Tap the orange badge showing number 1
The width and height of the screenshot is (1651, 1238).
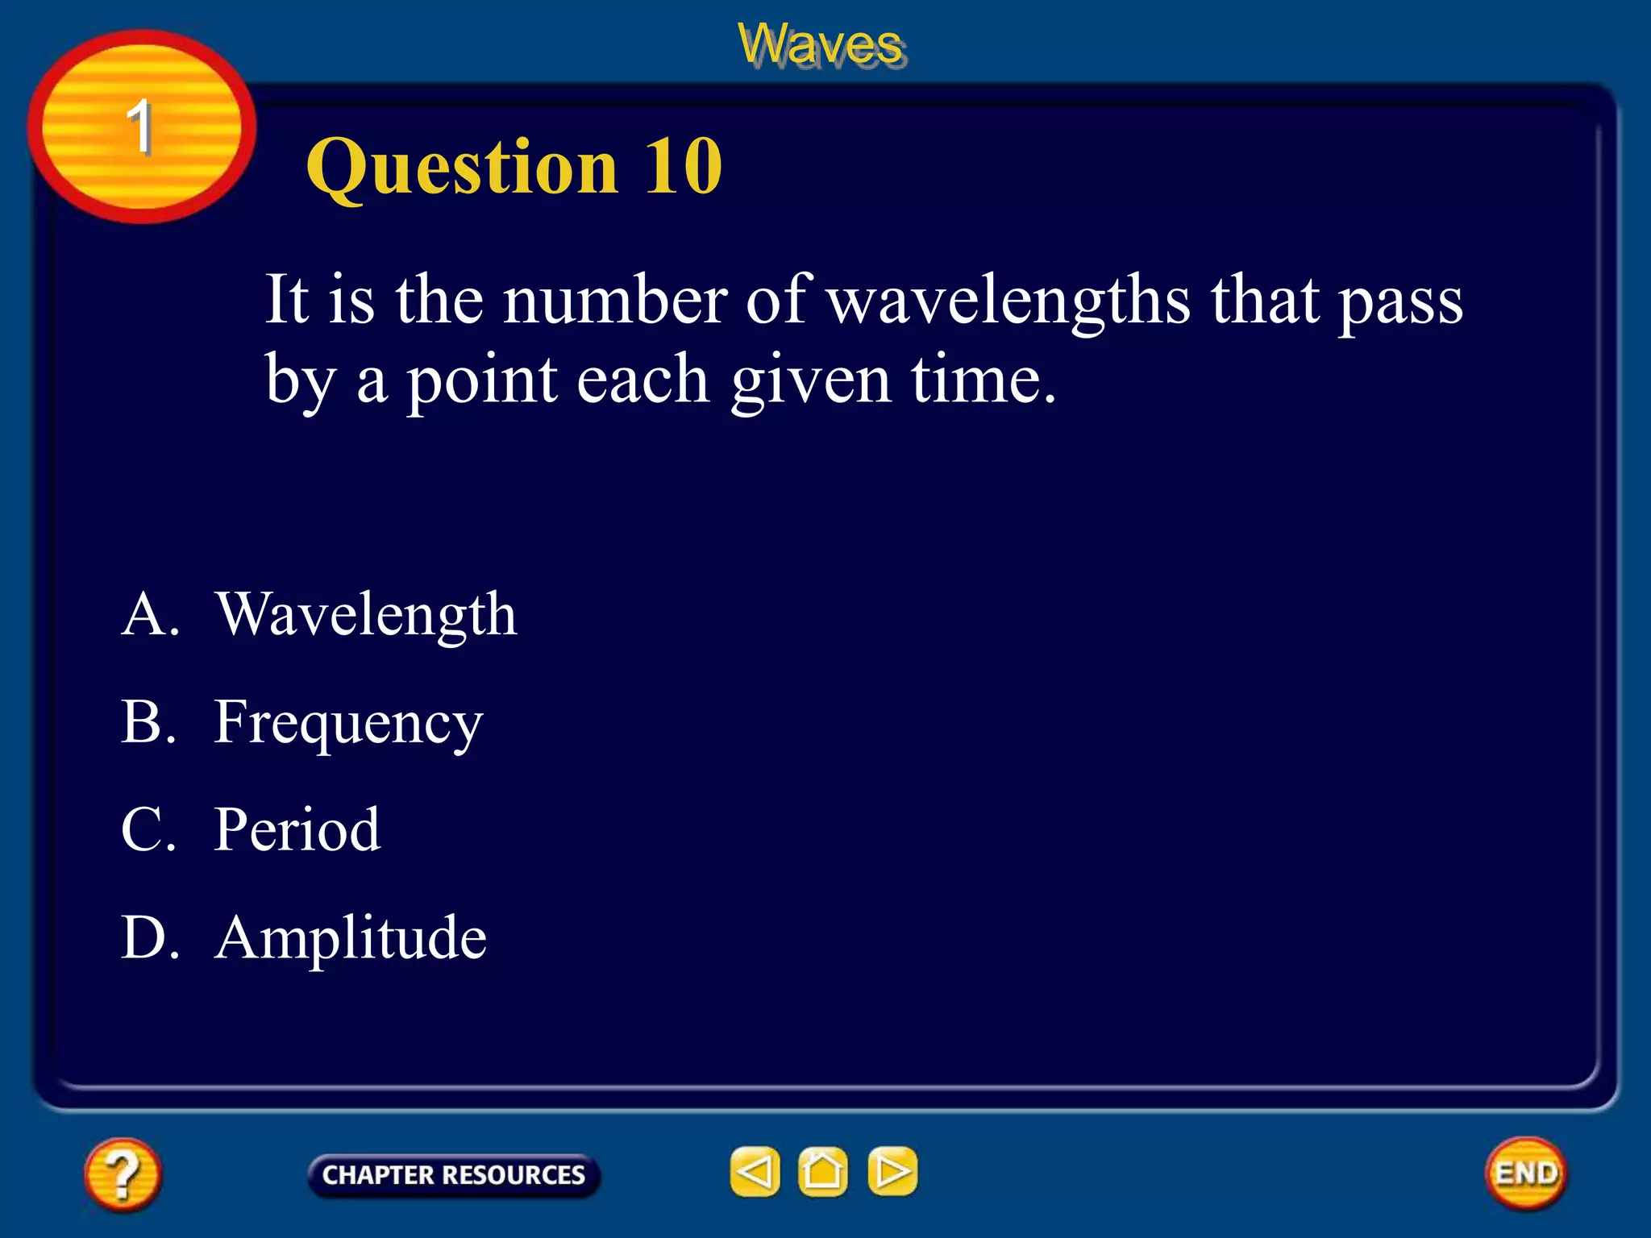click(x=141, y=127)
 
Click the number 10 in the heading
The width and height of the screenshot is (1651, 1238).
click(x=682, y=166)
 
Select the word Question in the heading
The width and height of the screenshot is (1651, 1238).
click(x=462, y=168)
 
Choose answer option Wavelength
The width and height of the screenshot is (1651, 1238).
click(x=366, y=614)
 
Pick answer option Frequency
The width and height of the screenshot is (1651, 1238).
click(x=348, y=723)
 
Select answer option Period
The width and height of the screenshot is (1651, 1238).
click(x=297, y=829)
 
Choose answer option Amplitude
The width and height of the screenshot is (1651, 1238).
click(x=351, y=937)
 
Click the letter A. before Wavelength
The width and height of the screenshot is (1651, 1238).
click(x=150, y=614)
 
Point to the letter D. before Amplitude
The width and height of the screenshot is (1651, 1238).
click(x=150, y=937)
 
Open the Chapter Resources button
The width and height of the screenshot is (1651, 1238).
click(x=453, y=1174)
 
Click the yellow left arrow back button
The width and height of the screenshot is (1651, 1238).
click(x=755, y=1171)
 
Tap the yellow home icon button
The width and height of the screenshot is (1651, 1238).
click(x=822, y=1171)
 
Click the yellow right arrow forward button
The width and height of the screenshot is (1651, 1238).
click(x=892, y=1171)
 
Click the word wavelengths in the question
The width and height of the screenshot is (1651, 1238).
click(x=1009, y=301)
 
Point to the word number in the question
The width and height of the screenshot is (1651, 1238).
click(x=614, y=300)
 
